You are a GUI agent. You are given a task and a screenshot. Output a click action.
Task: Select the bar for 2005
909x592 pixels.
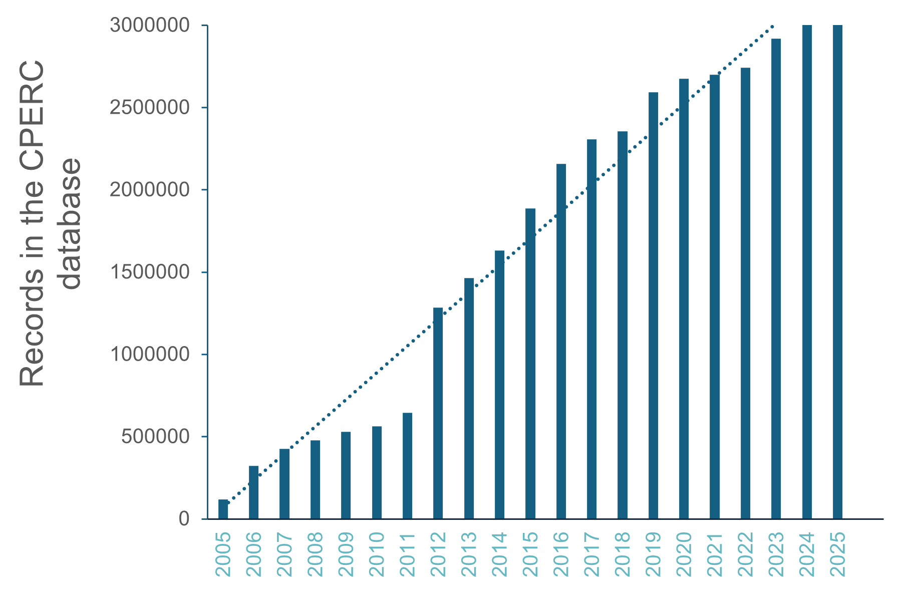click(223, 509)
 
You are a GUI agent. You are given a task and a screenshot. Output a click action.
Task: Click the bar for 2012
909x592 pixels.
click(438, 413)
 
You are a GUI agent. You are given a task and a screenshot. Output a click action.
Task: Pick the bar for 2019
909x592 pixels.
click(653, 306)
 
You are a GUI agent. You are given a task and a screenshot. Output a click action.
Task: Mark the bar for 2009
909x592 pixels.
click(346, 475)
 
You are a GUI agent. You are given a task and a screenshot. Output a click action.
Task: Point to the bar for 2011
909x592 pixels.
click(407, 466)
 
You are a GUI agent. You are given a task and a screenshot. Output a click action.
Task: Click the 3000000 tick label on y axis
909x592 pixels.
click(149, 25)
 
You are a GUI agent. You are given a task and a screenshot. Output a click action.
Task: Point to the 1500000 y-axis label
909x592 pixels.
click(149, 272)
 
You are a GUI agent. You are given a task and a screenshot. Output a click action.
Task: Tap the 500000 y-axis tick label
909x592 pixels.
click(155, 437)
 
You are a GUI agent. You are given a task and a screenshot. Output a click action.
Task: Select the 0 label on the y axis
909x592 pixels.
click(184, 519)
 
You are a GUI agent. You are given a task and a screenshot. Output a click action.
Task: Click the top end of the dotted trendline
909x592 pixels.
click(773, 26)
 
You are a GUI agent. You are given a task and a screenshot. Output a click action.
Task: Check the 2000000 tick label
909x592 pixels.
click(149, 190)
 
